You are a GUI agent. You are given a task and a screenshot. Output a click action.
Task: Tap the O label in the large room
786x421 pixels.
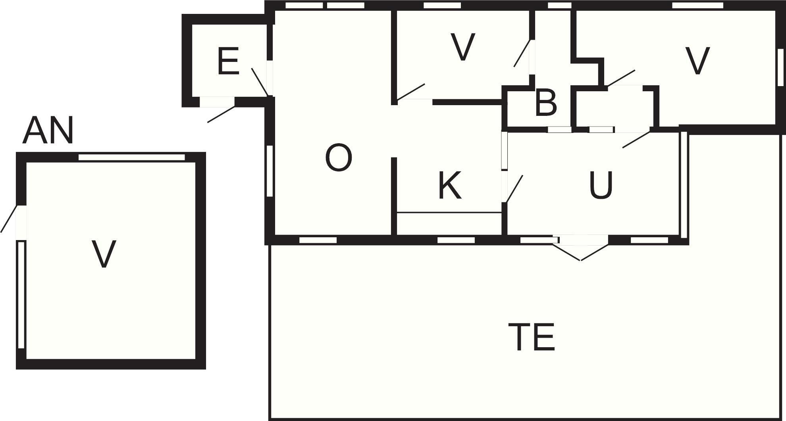tap(339, 158)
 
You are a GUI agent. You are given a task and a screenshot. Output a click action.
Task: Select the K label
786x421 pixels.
tap(450, 185)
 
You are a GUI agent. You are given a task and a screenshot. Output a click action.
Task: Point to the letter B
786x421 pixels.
tap(546, 103)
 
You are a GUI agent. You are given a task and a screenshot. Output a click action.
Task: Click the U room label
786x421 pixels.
tap(601, 185)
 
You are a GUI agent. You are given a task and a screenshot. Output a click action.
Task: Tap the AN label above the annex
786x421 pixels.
tap(48, 131)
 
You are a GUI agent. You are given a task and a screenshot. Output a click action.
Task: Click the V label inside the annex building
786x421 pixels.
tap(104, 254)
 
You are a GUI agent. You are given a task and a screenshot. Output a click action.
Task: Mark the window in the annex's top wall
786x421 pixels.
tap(132, 157)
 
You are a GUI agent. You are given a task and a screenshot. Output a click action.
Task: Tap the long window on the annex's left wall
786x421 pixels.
tap(21, 294)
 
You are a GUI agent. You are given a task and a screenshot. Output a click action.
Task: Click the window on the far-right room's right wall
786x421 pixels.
tap(780, 66)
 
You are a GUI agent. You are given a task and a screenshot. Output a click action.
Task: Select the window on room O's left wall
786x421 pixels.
tap(270, 171)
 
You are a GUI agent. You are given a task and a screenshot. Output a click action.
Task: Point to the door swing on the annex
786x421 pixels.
tap(9, 219)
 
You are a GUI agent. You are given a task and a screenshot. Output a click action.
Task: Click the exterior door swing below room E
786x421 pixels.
tap(221, 114)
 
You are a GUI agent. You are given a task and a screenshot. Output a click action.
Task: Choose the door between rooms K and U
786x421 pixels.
tap(514, 189)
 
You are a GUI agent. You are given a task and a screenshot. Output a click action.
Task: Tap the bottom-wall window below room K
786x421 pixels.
tap(456, 240)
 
